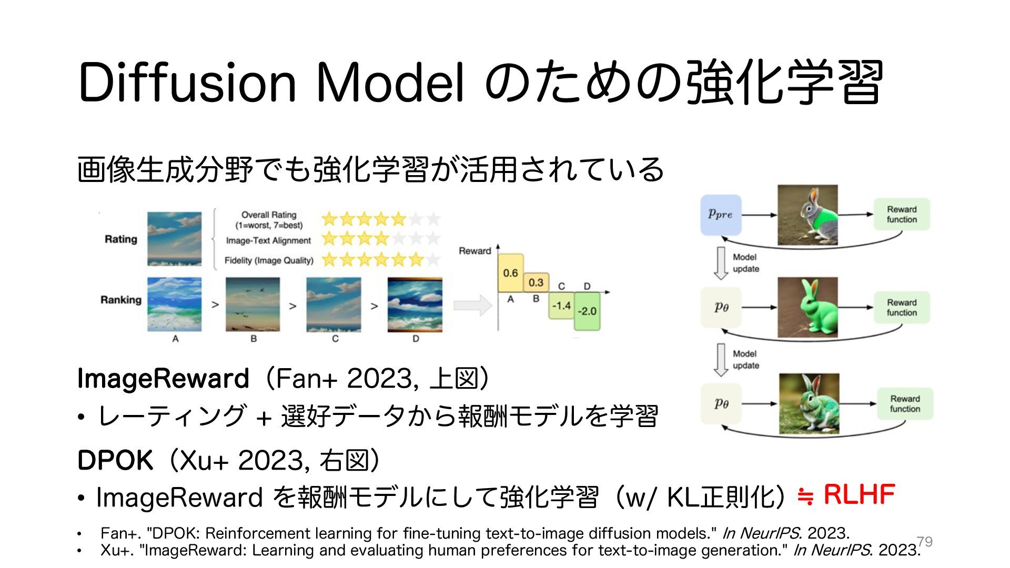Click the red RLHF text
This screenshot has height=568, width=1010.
pos(859,495)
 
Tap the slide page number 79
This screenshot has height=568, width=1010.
pos(924,541)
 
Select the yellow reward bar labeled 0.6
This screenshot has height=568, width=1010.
pos(510,273)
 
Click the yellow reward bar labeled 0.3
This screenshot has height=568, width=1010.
pos(536,282)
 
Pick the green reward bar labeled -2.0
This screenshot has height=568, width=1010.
pos(587,311)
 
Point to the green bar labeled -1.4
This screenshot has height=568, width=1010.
pos(561,306)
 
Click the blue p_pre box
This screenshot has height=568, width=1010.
pos(721,215)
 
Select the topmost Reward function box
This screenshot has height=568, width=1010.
pos(902,215)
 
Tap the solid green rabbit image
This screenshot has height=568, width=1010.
pos(807,307)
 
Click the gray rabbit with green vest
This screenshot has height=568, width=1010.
pos(807,215)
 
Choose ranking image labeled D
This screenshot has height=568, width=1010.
pos(415,305)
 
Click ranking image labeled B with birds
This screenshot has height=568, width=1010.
pos(253,305)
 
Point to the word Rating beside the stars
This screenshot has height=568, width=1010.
pos(120,239)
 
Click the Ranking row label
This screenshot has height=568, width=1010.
pos(121,300)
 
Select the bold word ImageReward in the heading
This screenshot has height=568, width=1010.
pos(163,379)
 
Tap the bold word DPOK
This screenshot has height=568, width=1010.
pos(115,461)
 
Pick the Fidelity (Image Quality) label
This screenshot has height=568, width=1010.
pos(269,260)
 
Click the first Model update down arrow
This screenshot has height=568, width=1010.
pos(721,263)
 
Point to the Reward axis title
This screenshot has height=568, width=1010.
pos(474,251)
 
